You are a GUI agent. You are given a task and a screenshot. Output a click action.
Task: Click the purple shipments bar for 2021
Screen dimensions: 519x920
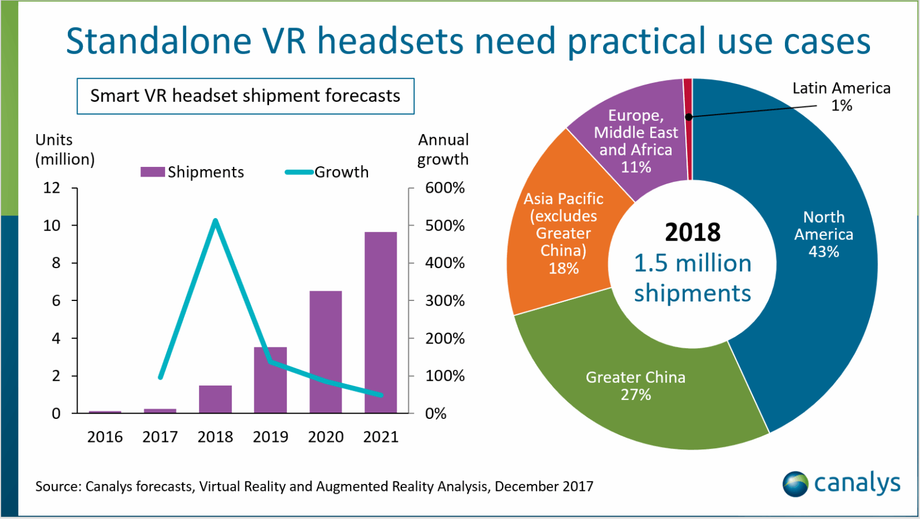(381, 322)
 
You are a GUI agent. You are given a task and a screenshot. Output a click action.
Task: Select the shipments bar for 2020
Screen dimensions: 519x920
(325, 352)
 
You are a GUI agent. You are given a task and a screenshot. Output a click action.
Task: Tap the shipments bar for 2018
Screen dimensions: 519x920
(215, 399)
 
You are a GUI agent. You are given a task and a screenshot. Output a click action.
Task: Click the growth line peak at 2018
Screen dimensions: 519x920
(215, 220)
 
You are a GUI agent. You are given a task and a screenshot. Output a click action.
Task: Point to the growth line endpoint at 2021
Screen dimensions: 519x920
(380, 395)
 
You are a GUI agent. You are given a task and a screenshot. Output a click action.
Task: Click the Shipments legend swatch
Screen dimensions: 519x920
(152, 171)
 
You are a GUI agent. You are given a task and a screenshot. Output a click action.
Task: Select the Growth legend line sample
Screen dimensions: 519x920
(299, 171)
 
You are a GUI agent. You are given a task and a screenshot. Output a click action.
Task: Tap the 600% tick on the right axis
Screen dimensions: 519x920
(444, 188)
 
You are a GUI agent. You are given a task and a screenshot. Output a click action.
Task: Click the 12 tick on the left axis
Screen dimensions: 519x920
(52, 188)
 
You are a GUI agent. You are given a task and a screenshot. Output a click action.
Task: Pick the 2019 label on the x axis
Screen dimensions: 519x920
(270, 437)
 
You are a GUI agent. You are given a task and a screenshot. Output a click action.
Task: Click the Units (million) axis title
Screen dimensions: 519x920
(64, 149)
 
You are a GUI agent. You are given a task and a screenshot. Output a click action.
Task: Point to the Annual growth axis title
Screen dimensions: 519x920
(443, 149)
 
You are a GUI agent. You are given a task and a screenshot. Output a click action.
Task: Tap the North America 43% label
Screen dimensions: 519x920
(823, 234)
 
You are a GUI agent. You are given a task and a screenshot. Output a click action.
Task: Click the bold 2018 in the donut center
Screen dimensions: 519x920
(692, 232)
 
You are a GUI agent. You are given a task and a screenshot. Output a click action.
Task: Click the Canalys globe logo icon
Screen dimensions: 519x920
(795, 484)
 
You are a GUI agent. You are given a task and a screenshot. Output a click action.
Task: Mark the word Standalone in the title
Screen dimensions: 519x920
(159, 41)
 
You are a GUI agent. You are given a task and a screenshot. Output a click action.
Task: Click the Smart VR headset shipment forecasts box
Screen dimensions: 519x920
(246, 96)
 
